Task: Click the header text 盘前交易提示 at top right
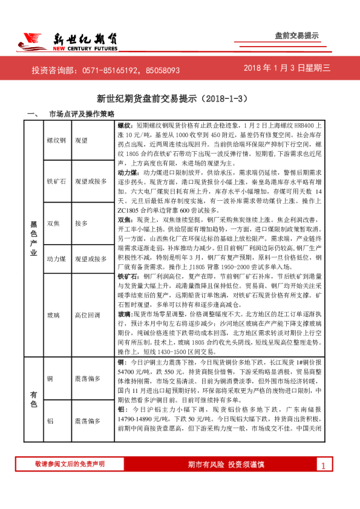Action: click(296, 36)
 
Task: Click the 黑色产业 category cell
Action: click(33, 238)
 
